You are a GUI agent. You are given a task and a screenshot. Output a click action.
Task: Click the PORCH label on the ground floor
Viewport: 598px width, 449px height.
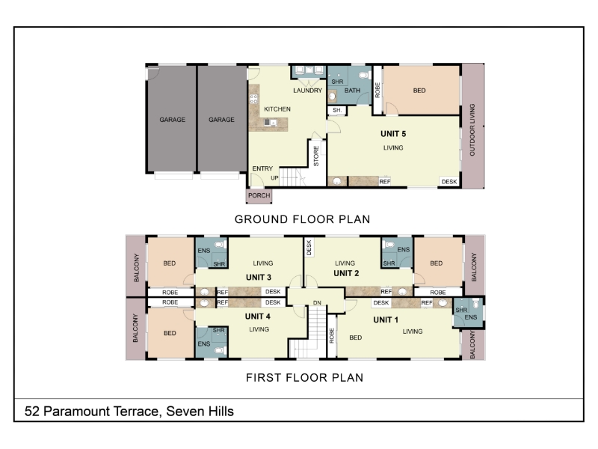click(x=259, y=195)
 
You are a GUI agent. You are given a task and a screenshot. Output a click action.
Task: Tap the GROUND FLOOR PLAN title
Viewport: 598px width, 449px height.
click(x=303, y=219)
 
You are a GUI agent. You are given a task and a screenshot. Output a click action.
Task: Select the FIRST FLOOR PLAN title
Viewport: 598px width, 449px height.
click(x=305, y=378)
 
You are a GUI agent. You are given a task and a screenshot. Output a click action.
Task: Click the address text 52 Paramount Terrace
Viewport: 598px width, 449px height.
click(x=91, y=411)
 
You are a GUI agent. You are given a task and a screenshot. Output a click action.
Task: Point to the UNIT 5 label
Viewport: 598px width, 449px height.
click(x=393, y=134)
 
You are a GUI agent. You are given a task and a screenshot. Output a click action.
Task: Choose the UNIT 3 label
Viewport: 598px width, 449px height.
click(x=259, y=277)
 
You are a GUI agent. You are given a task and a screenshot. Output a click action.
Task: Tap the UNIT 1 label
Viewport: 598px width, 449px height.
click(x=386, y=320)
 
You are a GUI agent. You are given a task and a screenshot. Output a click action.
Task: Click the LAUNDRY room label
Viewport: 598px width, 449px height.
click(x=308, y=91)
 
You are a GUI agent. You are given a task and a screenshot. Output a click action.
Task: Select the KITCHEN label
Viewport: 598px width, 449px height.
click(x=277, y=109)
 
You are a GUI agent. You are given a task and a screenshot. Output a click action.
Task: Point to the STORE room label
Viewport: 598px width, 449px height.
click(x=316, y=156)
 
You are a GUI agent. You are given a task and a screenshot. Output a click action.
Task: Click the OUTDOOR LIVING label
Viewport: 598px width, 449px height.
click(x=472, y=129)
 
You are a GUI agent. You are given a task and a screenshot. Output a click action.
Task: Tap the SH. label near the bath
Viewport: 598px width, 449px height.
click(x=337, y=110)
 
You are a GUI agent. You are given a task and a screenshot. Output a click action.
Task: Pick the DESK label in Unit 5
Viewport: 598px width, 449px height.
click(x=449, y=182)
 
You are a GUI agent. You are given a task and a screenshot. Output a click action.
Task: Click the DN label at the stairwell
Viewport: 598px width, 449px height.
click(x=317, y=303)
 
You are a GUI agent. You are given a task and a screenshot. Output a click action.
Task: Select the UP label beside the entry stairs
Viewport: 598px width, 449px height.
click(x=274, y=178)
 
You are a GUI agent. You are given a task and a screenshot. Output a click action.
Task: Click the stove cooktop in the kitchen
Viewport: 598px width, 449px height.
click(x=253, y=100)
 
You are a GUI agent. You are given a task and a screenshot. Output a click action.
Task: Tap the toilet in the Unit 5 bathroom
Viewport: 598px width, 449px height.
click(x=364, y=75)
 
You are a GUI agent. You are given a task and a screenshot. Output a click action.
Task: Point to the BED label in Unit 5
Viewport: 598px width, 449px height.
click(x=419, y=91)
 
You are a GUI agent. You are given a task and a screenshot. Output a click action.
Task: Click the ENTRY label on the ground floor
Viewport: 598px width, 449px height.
click(x=263, y=168)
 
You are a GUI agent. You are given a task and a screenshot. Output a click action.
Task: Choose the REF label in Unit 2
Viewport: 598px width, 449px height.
click(x=386, y=292)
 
